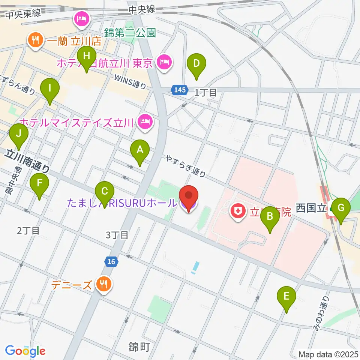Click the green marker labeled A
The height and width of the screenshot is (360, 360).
click(x=140, y=150)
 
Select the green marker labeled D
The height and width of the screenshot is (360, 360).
click(x=196, y=63)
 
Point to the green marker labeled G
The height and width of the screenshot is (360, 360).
click(x=341, y=208)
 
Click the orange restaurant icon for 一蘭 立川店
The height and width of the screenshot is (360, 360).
click(x=36, y=41)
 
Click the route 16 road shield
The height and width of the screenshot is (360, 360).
click(x=111, y=261)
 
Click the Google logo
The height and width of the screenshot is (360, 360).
click(x=25, y=351)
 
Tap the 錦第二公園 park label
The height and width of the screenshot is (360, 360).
click(x=130, y=33)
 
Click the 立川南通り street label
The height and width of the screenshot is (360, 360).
click(x=27, y=160)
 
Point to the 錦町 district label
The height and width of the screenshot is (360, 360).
click(x=139, y=347)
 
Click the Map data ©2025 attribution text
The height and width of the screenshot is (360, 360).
click(x=328, y=354)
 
